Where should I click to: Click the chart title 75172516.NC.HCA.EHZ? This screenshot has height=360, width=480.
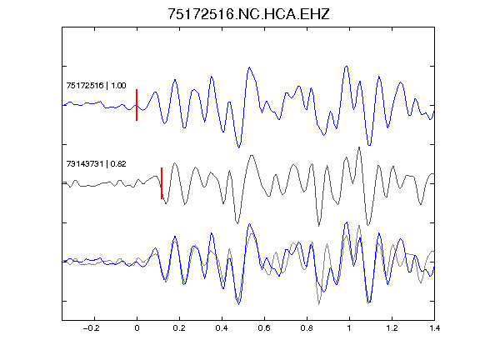coord(248,14)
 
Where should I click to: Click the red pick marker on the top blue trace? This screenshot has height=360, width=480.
coord(137,105)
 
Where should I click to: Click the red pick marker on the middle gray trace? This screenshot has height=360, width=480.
coord(162,183)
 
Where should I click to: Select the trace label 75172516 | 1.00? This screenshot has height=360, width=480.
coord(96,85)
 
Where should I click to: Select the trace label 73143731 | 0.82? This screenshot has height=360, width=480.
coord(96,164)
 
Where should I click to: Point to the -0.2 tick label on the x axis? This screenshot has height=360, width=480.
coord(92,328)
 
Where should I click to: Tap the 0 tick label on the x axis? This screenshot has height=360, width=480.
coord(137,328)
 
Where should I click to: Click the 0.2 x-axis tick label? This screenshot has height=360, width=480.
coord(179,328)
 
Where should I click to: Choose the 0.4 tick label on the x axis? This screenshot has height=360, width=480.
coord(222,328)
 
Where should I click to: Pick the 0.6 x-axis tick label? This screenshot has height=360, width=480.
coord(264,328)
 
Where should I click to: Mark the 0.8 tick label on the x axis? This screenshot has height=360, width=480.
coord(307,328)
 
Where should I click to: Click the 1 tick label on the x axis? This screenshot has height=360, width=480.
coord(349,328)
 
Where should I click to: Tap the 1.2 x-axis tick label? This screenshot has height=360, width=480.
coord(392,328)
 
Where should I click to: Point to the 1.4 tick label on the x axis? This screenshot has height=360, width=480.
coord(434,328)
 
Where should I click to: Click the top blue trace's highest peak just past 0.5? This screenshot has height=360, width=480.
coord(249,67)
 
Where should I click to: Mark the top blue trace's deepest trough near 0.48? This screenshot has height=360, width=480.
coord(239,147)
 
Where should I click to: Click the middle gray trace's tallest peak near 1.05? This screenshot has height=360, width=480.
coord(359,147)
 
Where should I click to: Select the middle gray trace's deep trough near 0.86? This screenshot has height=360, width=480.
coord(319,226)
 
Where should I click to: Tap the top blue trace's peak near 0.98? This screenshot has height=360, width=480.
coord(347,66)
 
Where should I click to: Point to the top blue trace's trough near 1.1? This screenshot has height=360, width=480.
coord(369,145)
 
